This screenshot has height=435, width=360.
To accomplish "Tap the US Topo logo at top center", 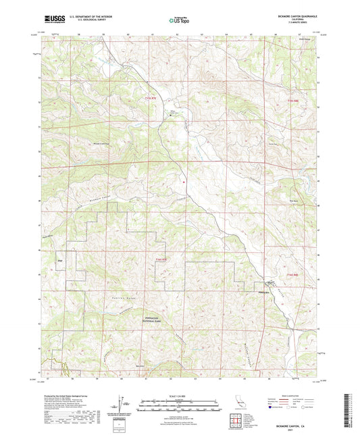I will click(179, 20).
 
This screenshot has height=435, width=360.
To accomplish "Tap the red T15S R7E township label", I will click(154, 99).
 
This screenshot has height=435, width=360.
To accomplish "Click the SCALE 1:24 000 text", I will click(180, 396).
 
